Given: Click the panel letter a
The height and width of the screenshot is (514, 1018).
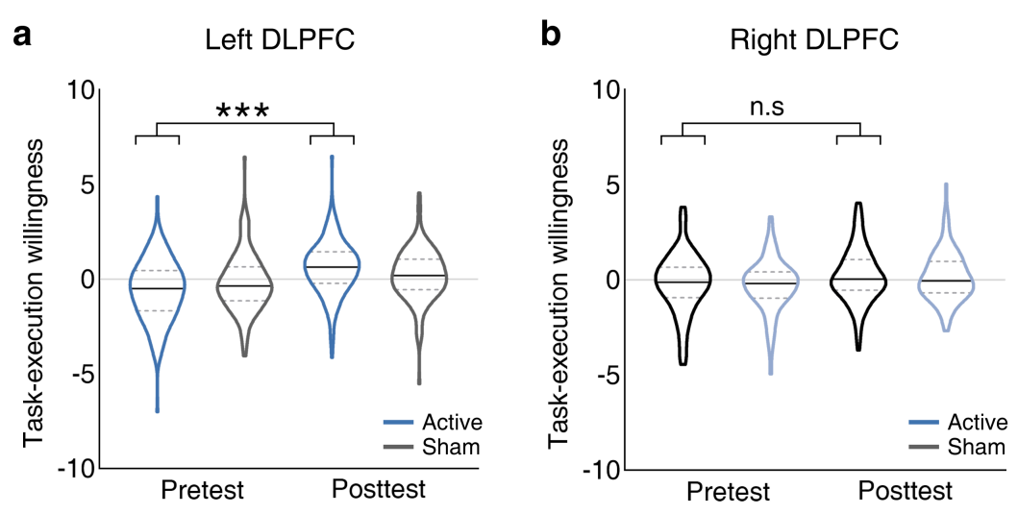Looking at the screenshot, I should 23,37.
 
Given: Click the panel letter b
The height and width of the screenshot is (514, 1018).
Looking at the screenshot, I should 551,37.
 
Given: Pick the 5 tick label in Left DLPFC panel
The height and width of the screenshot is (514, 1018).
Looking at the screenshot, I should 88,184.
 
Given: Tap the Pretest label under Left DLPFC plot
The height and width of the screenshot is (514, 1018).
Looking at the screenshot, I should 201,491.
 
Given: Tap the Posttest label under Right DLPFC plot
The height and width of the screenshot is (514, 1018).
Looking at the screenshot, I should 904,491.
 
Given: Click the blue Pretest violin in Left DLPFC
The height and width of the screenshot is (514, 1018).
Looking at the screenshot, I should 157,288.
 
